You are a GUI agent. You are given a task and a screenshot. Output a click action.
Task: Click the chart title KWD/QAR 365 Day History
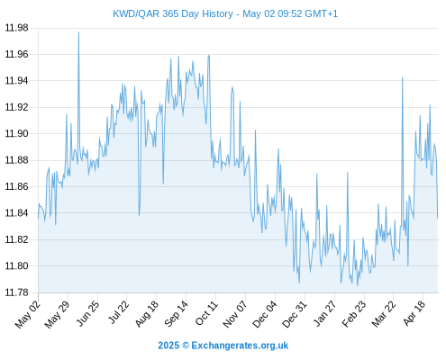[173, 13]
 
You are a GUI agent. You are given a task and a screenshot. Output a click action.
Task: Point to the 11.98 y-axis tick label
[16, 28]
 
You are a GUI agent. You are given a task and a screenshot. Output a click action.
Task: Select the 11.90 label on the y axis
[16, 133]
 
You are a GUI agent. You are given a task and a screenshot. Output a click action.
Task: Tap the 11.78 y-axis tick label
[16, 292]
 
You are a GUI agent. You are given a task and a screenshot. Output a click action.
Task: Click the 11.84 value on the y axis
[16, 213]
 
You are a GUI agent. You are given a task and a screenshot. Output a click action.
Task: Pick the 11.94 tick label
[16, 81]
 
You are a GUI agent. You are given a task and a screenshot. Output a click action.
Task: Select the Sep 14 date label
[177, 313]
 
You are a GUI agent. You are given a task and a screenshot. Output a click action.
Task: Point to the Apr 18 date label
[414, 313]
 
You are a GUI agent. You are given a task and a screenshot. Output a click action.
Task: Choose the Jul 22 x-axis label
[118, 312]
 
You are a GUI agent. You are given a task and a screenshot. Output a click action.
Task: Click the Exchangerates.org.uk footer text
[240, 346]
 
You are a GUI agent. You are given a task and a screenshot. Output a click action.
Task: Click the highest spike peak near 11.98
[78, 32]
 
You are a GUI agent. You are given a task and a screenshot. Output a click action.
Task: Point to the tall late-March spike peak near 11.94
[403, 77]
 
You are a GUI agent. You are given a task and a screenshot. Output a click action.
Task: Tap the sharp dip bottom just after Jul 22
[139, 215]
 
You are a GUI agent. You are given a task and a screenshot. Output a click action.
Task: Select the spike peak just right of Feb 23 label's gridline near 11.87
[348, 173]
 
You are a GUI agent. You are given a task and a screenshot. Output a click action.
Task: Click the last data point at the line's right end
[438, 218]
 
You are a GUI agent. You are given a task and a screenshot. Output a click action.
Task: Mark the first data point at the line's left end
[38, 218]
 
